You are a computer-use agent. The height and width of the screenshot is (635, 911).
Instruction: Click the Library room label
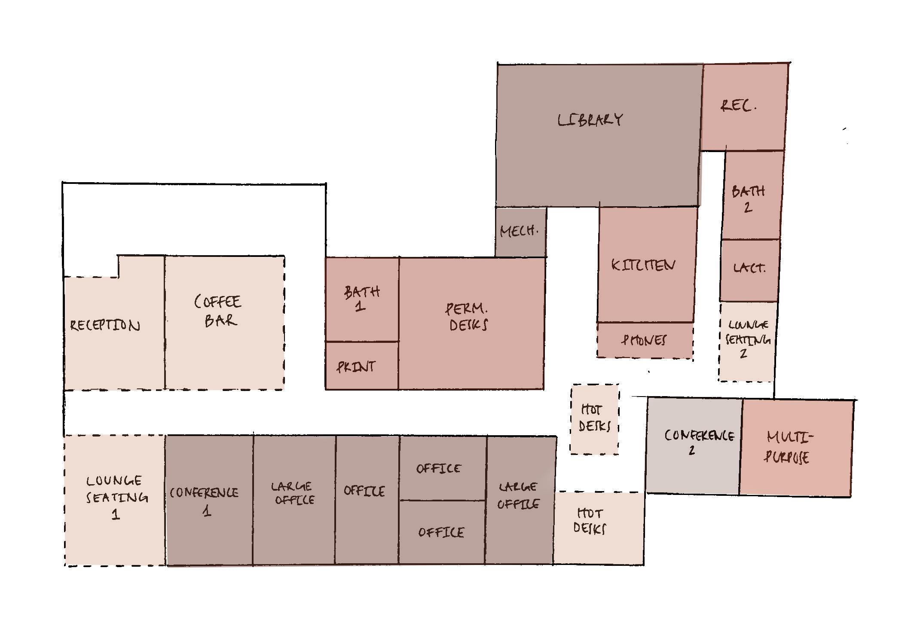(590, 120)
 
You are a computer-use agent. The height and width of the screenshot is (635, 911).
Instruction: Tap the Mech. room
(520, 232)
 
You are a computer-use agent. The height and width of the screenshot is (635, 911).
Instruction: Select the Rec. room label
(738, 106)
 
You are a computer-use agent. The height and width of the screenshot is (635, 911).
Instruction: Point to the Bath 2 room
(749, 198)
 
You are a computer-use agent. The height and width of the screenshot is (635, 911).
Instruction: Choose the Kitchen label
(643, 265)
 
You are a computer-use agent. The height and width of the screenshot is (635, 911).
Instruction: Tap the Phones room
(644, 340)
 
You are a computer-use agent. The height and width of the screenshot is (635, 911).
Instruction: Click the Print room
(356, 366)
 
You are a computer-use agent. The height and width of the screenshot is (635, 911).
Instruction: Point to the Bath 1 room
(362, 299)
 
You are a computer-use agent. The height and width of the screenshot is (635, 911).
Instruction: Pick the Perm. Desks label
(468, 317)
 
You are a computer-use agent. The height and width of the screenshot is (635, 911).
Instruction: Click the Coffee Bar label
(219, 311)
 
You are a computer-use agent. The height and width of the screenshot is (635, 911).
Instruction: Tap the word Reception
(105, 326)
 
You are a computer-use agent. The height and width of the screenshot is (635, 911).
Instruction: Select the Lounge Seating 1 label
(116, 497)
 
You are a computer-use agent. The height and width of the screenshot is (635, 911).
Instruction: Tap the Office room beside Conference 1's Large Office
(364, 491)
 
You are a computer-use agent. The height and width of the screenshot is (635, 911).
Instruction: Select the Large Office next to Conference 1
(294, 493)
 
